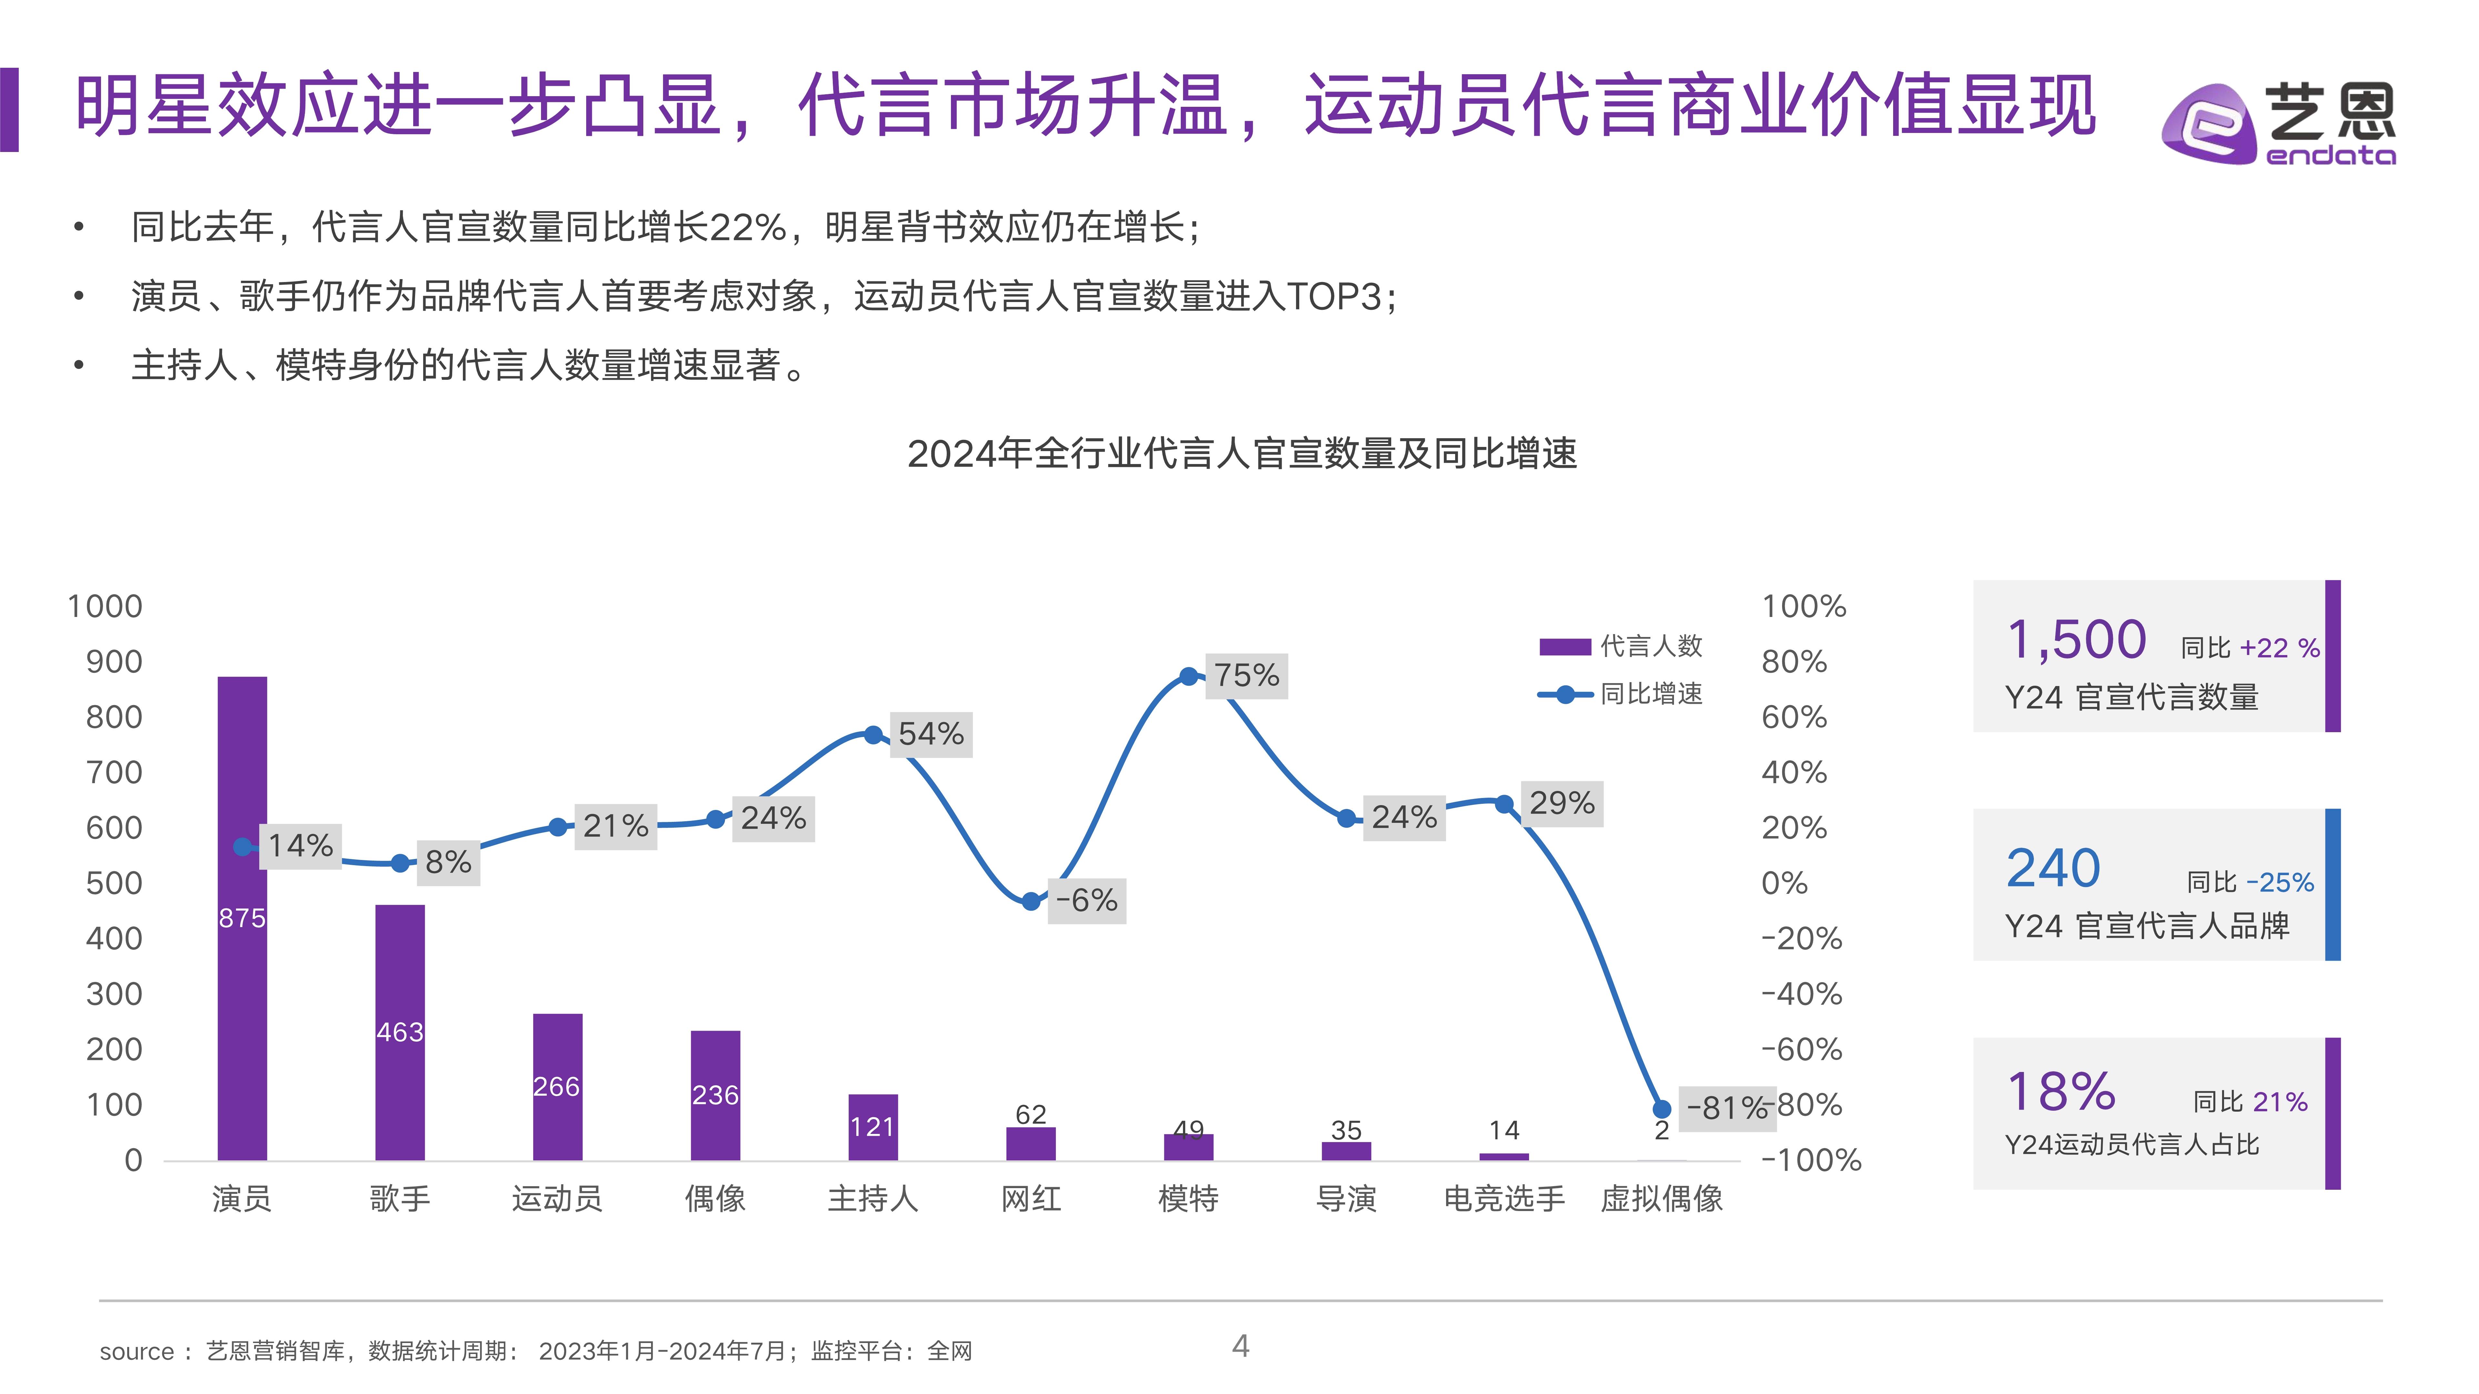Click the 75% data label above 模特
pyautogui.click(x=1246, y=675)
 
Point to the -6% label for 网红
pyautogui.click(x=1086, y=901)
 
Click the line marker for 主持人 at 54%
pyautogui.click(x=873, y=735)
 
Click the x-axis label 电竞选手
pyautogui.click(x=1504, y=1199)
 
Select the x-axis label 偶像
pyautogui.click(x=715, y=1199)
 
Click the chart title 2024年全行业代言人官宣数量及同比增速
pyautogui.click(x=1241, y=453)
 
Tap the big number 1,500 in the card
pyautogui.click(x=2076, y=640)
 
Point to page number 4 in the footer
pyautogui.click(x=1240, y=1346)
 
